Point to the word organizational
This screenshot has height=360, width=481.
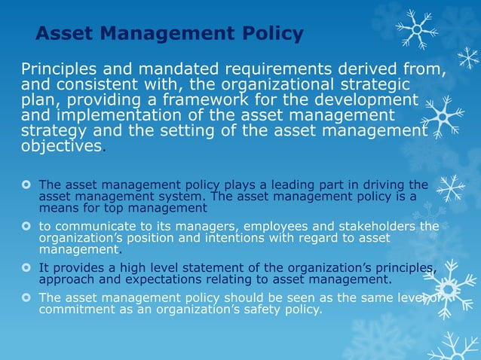pyautogui.click(x=287, y=85)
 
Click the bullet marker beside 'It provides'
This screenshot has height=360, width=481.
pyautogui.click(x=26, y=267)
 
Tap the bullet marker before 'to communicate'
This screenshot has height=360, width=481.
pyautogui.click(x=26, y=226)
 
